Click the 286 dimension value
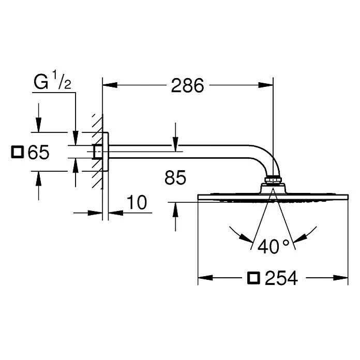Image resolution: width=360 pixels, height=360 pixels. tap(187, 86)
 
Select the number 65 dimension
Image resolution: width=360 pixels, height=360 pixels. tap(38, 153)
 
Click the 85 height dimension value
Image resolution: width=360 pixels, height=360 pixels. tap(175, 178)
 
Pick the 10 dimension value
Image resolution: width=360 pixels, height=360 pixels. tap(137, 202)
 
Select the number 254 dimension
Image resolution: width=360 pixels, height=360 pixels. tap(281, 278)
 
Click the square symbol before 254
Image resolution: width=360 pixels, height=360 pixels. tap(253, 278)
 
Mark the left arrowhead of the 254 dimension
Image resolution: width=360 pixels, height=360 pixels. tap(203, 278)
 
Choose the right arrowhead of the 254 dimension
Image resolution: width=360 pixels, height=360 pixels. tap(343, 278)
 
